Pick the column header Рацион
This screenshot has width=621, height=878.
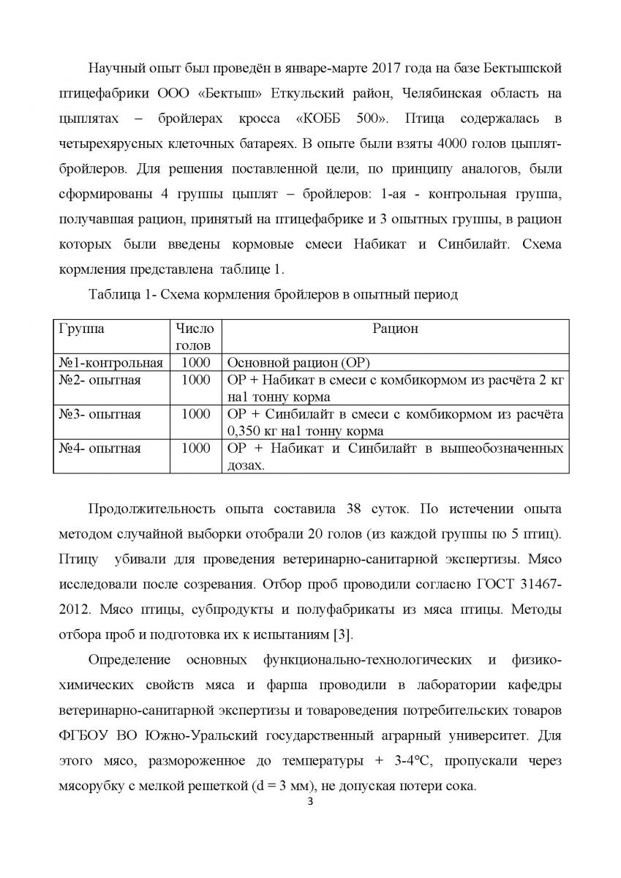[396, 329]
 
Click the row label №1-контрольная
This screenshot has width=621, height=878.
[110, 363]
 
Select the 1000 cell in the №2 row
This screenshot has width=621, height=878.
[195, 380]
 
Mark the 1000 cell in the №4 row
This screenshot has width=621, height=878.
[195, 448]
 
